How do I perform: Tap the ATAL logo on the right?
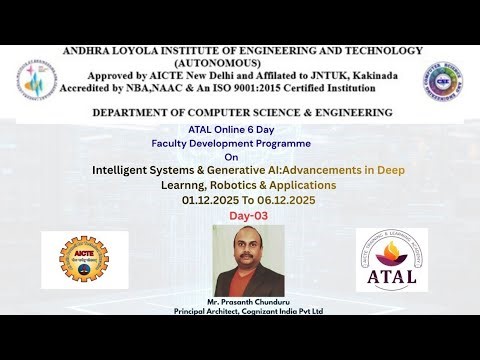391,259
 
